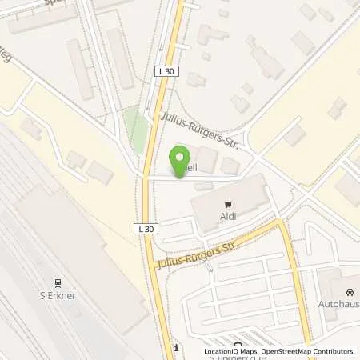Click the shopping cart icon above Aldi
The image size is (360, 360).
coord(228,205)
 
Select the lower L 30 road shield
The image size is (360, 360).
coord(146,229)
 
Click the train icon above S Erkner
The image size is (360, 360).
coord(58,282)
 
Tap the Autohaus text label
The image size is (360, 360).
coord(341,306)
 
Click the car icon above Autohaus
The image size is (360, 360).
coord(348,294)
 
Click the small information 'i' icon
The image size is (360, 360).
coord(175,348)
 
